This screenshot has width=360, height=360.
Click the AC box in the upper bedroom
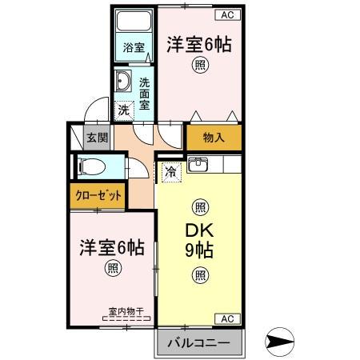tap(226, 15)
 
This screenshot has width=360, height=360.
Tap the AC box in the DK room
tap(226, 318)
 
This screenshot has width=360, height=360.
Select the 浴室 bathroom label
tap(133, 47)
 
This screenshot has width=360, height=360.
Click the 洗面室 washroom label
tap(145, 92)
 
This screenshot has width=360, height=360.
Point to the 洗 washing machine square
tap(124, 110)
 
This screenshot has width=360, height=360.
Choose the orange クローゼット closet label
tap(98, 194)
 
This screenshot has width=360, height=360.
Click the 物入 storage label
tap(214, 137)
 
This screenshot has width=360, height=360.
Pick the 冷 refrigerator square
tap(170, 170)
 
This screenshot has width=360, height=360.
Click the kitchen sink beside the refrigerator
tap(198, 166)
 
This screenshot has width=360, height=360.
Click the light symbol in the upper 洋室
tap(198, 67)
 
